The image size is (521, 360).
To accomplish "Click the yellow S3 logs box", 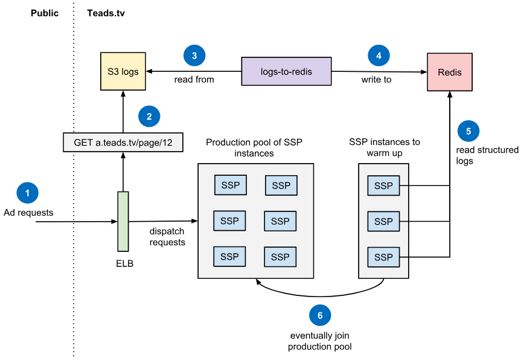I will click(x=123, y=71).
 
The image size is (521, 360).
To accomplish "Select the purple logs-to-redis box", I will click(x=286, y=71).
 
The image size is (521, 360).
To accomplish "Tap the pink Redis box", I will click(x=449, y=72).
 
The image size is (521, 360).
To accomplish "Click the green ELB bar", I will click(x=123, y=221).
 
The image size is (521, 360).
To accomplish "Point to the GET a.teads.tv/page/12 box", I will click(x=123, y=143).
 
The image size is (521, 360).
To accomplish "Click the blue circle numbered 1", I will click(x=27, y=193).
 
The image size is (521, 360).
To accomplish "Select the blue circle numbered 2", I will click(x=149, y=115).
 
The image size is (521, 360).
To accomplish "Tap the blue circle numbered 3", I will click(x=194, y=56).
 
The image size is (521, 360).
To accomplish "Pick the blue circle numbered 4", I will click(x=379, y=56).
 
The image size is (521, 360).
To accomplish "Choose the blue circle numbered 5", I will click(x=468, y=130).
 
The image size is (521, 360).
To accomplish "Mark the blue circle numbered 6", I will click(x=320, y=315).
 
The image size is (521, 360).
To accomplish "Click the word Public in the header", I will click(x=45, y=13).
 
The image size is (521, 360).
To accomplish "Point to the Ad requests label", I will click(x=28, y=213).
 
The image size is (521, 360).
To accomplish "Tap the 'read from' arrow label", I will click(x=194, y=79).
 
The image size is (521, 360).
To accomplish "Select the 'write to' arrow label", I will click(x=376, y=79).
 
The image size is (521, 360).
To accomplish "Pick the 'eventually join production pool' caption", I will click(x=320, y=341).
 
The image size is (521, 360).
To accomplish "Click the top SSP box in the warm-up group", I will click(x=383, y=186).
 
